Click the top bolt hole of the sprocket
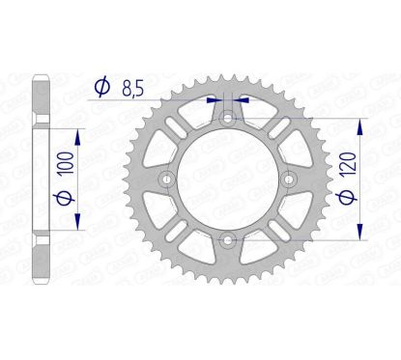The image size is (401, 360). point(227,121)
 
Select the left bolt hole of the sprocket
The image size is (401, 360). point(168,180)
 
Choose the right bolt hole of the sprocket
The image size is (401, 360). point(286,180)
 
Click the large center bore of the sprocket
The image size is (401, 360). point(227,180)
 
